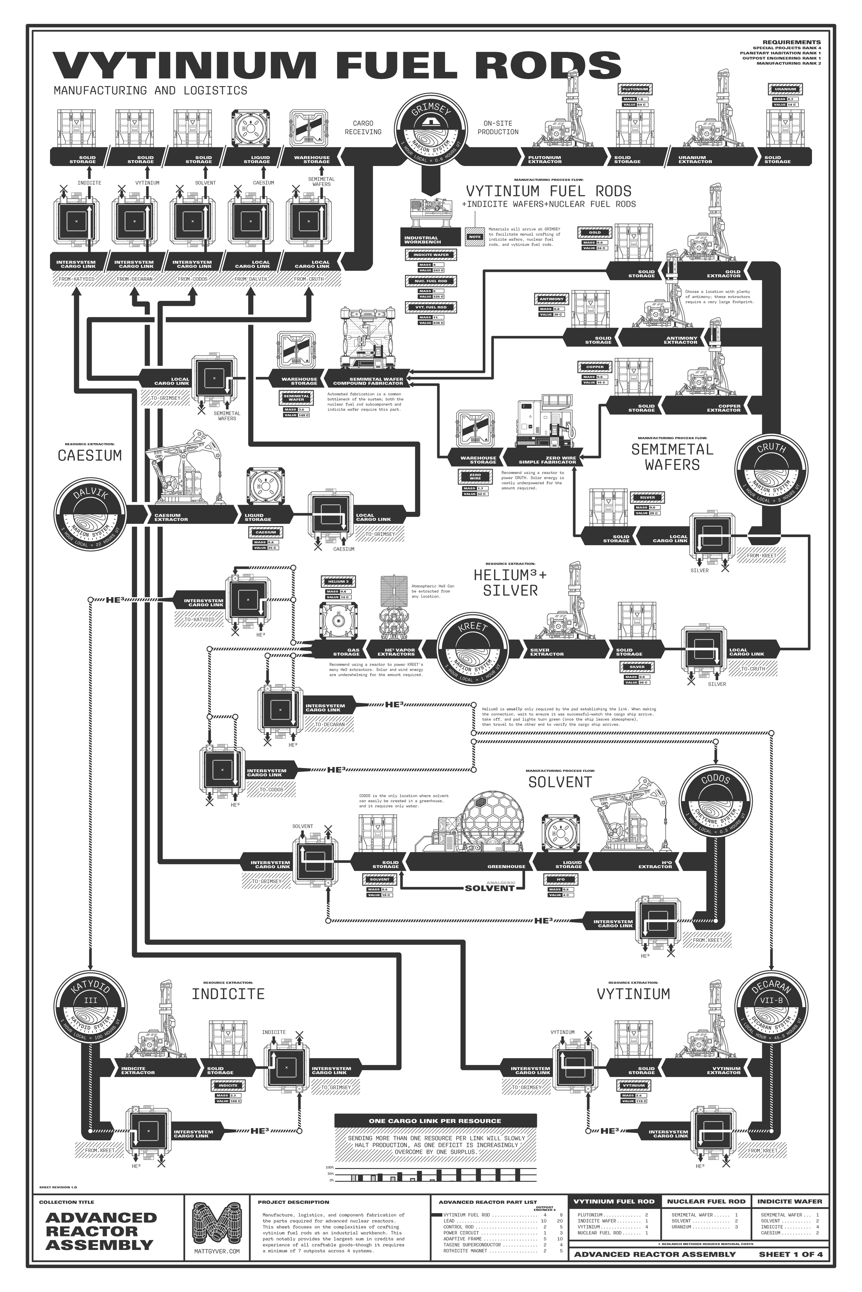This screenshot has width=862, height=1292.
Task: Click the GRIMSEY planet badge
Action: tap(430, 129)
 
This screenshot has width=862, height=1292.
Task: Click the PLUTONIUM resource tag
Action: tap(635, 89)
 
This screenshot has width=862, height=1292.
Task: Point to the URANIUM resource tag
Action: tap(785, 89)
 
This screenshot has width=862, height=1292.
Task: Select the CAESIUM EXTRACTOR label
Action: tap(171, 517)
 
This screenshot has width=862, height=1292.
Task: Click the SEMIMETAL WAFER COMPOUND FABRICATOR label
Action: tap(368, 381)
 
